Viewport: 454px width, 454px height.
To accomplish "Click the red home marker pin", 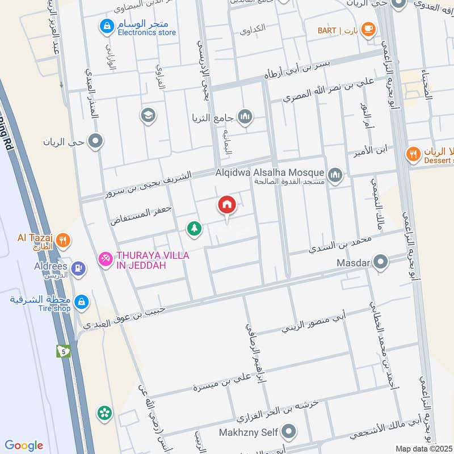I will [x=227, y=205].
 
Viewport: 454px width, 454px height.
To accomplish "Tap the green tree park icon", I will [x=194, y=229].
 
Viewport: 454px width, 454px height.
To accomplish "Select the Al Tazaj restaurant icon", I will [x=64, y=240].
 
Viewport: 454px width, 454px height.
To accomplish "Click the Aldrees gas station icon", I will [x=78, y=266].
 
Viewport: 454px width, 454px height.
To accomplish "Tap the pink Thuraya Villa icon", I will [x=105, y=259].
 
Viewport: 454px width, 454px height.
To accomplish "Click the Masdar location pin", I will [x=381, y=263].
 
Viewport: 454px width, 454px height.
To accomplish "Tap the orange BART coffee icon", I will [x=368, y=28].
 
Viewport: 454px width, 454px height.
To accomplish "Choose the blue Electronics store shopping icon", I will [x=105, y=26].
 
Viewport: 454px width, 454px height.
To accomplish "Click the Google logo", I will [x=23, y=445].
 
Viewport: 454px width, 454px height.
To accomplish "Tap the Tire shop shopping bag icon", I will [x=82, y=301].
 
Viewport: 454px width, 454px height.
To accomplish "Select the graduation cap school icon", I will [x=148, y=115].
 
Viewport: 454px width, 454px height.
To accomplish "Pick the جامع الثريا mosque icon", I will [x=245, y=117].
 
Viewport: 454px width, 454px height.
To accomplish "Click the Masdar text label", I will [x=353, y=263].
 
